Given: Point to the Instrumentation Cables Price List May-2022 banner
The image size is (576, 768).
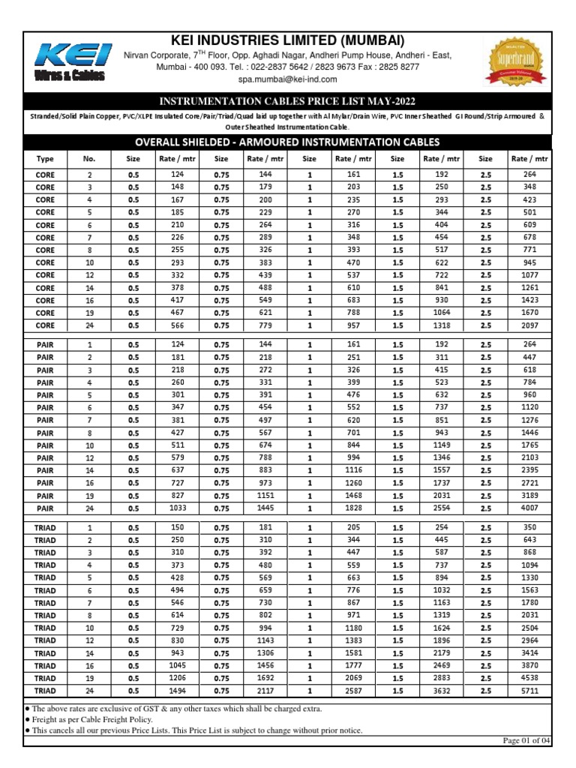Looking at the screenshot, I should [287, 101].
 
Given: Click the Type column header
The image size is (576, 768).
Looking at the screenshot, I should [45, 158].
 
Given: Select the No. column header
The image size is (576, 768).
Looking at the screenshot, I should [89, 158].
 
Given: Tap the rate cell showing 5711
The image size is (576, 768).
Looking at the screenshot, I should [529, 691].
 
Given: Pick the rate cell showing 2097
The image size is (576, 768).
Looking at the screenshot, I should [529, 325].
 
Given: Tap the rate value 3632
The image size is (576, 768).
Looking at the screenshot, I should [442, 691].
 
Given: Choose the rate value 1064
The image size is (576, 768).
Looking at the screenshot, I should [442, 313].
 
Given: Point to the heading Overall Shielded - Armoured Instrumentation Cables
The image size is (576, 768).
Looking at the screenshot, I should [287, 142].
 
